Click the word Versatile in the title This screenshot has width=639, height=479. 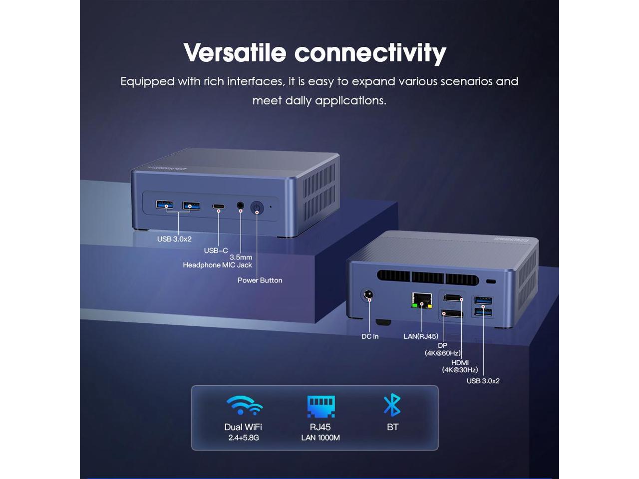(235, 52)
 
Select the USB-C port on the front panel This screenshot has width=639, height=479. (219, 207)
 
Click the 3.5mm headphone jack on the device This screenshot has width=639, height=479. (241, 206)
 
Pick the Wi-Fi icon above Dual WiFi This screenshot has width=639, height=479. (244, 405)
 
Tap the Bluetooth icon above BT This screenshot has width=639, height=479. (392, 405)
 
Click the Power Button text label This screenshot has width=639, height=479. (260, 280)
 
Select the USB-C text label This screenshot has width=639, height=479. (216, 250)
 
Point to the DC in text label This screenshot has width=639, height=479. (370, 337)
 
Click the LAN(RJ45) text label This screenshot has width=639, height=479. (421, 337)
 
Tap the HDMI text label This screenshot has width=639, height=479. (460, 363)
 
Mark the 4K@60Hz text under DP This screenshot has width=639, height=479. (443, 353)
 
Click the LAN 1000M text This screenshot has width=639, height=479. (320, 438)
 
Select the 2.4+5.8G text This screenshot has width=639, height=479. (244, 438)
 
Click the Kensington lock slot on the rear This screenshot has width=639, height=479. (491, 281)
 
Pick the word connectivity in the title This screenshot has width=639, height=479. (370, 52)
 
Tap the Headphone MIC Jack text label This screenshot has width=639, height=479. (217, 265)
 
